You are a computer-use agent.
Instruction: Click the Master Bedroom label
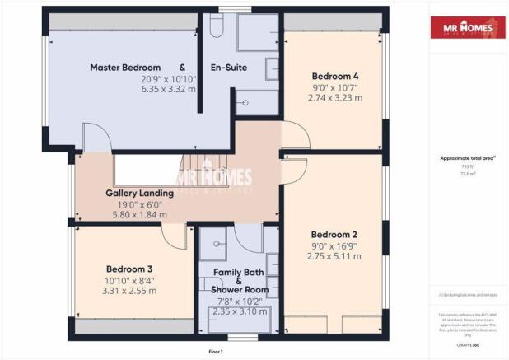coord(125,68)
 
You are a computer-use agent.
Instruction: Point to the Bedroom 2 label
coord(334,233)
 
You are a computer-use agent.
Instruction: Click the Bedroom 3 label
coord(129,269)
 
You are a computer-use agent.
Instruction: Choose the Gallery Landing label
coord(139,194)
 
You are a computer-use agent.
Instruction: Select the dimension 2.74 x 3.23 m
coord(334,97)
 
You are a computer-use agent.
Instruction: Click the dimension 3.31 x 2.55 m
coord(130,291)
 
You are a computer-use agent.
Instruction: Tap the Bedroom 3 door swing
coord(175,237)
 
